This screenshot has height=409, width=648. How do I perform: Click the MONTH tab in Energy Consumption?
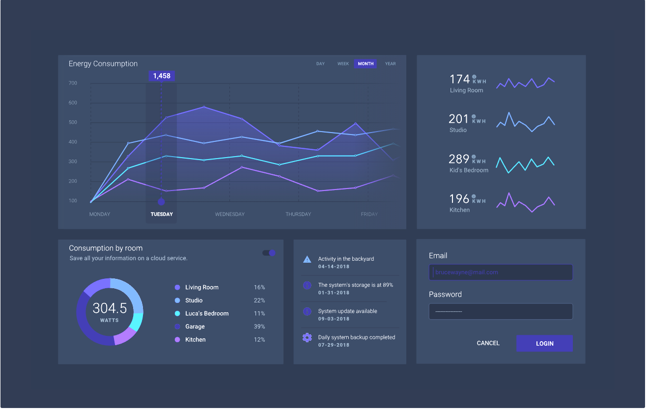366,64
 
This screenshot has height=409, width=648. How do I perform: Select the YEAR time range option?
390,64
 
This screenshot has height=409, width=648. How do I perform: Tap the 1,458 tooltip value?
162,76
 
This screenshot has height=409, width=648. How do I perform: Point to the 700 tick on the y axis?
73,83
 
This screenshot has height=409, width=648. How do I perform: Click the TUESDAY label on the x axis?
162,214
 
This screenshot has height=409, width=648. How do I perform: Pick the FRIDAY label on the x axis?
369,214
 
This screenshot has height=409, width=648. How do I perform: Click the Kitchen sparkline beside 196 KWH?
525,203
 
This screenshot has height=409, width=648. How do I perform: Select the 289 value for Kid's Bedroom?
458,159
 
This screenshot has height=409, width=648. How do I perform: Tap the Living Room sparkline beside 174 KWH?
525,82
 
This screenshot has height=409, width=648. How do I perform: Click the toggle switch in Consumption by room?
269,253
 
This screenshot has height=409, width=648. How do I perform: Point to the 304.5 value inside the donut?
110,308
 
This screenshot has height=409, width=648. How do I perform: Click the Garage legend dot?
177,327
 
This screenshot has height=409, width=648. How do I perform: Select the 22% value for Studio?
259,300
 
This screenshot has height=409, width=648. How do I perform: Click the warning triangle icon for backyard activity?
307,259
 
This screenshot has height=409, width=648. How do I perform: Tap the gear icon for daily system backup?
307,337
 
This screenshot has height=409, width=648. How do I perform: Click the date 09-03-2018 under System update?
334,319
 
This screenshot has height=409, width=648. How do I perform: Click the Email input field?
501,273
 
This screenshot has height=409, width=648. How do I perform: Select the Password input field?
501,311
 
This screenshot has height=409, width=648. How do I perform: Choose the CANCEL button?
488,343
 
